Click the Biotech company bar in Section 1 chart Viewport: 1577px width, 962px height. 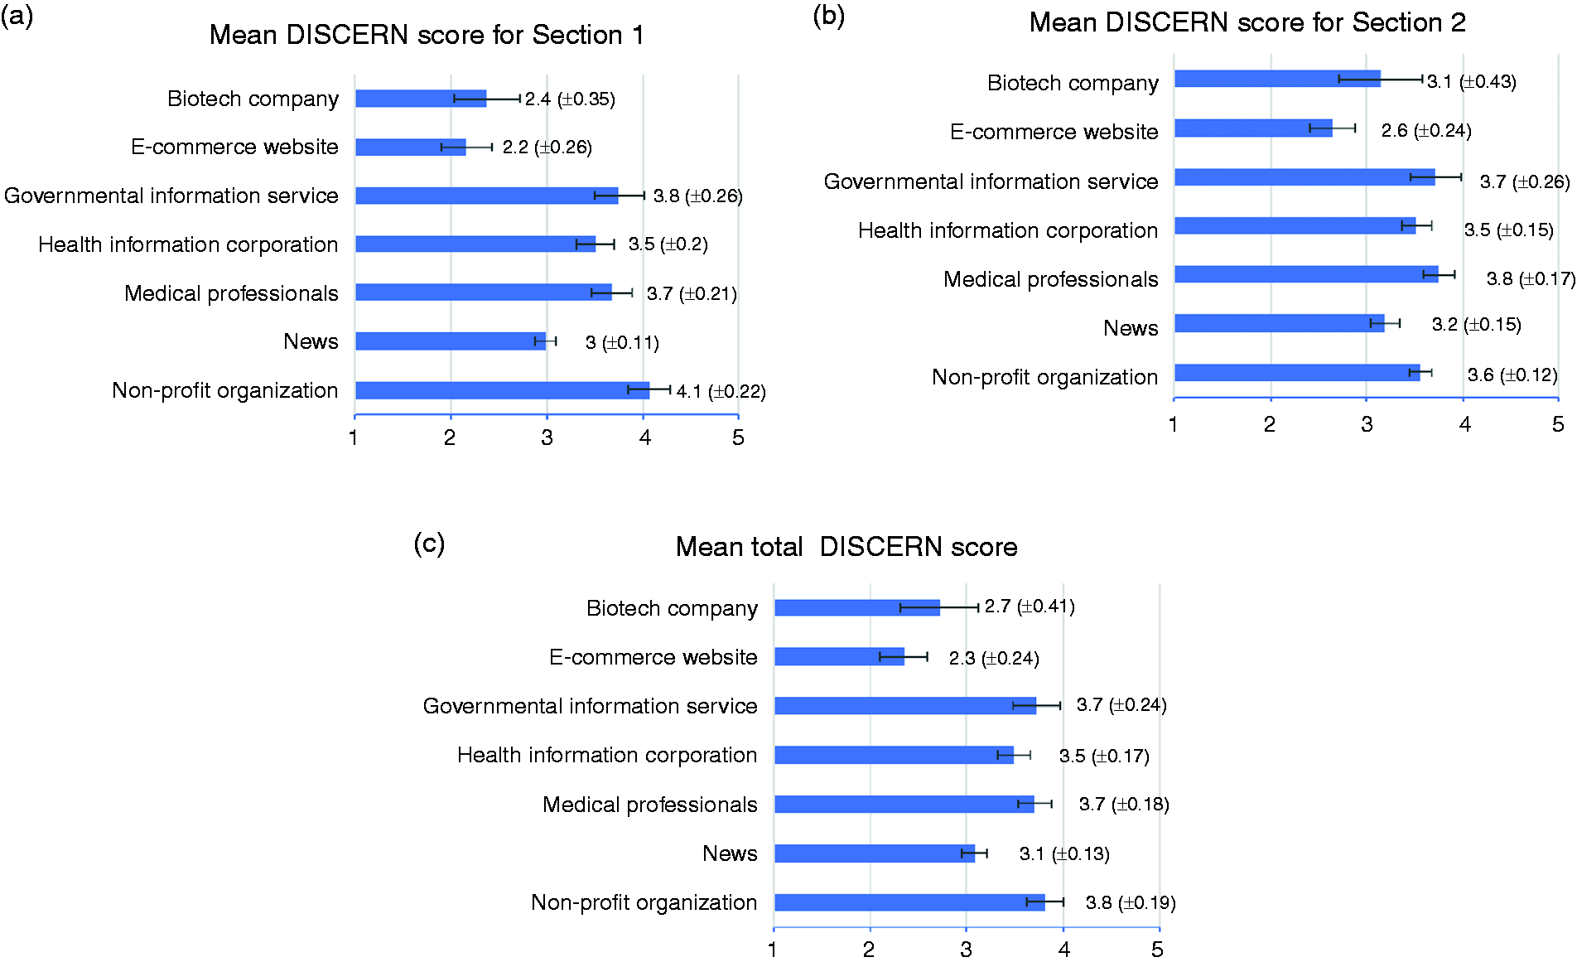[421, 99]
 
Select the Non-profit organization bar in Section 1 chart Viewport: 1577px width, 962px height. [503, 390]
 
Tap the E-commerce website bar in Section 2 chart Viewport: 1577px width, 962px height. [1253, 128]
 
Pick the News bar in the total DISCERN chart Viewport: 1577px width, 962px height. [875, 853]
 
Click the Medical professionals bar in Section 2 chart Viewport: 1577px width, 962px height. [1306, 274]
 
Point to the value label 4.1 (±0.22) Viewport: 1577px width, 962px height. [721, 391]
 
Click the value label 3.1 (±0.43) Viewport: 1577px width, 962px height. [1472, 81]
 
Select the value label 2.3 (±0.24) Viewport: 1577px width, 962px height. [994, 658]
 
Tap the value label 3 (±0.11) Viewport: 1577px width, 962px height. [622, 342]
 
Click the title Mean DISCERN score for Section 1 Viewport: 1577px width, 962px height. [427, 35]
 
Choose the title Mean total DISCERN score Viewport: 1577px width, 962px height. [846, 547]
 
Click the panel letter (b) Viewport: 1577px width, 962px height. [828, 15]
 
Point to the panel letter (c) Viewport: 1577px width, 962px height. [429, 543]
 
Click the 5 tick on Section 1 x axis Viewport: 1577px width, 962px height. [738, 437]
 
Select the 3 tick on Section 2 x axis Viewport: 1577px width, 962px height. [1367, 424]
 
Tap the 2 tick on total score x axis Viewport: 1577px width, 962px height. [869, 950]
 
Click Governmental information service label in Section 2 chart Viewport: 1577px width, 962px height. [991, 181]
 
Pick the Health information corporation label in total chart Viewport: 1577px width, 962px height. [607, 755]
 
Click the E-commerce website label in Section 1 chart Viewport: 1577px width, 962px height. [234, 147]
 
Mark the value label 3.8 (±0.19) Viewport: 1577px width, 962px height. [1131, 902]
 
